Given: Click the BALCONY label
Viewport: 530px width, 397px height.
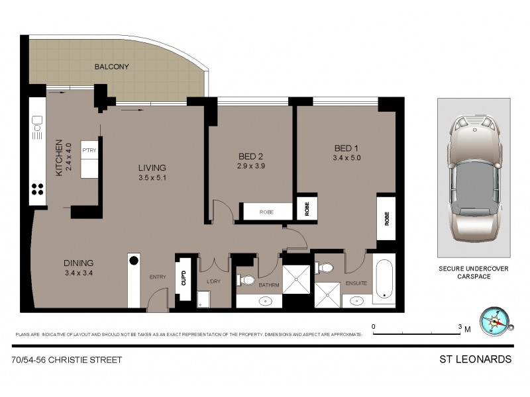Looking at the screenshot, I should (111, 67).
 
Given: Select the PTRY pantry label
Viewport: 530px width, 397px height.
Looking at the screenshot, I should (89, 150).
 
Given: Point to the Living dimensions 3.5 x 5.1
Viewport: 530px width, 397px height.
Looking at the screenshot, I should (152, 177).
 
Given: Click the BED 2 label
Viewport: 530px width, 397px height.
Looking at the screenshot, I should (251, 156).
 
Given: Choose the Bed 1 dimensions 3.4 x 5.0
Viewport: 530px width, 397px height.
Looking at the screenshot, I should (346, 157).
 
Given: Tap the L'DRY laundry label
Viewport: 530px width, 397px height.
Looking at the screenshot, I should (213, 283).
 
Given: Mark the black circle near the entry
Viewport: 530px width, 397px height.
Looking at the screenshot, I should (133, 260).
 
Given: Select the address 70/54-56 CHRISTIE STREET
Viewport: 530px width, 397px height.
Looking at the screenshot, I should (66, 360).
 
